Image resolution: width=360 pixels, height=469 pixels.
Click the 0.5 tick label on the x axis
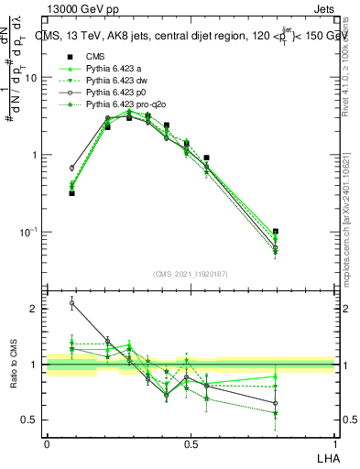tap(191, 442)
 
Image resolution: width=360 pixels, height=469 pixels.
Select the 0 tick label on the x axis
tap(47, 442)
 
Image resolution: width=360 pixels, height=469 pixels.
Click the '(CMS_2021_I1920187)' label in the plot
tap(191, 274)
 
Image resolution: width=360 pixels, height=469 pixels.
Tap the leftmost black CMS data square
tap(71, 193)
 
